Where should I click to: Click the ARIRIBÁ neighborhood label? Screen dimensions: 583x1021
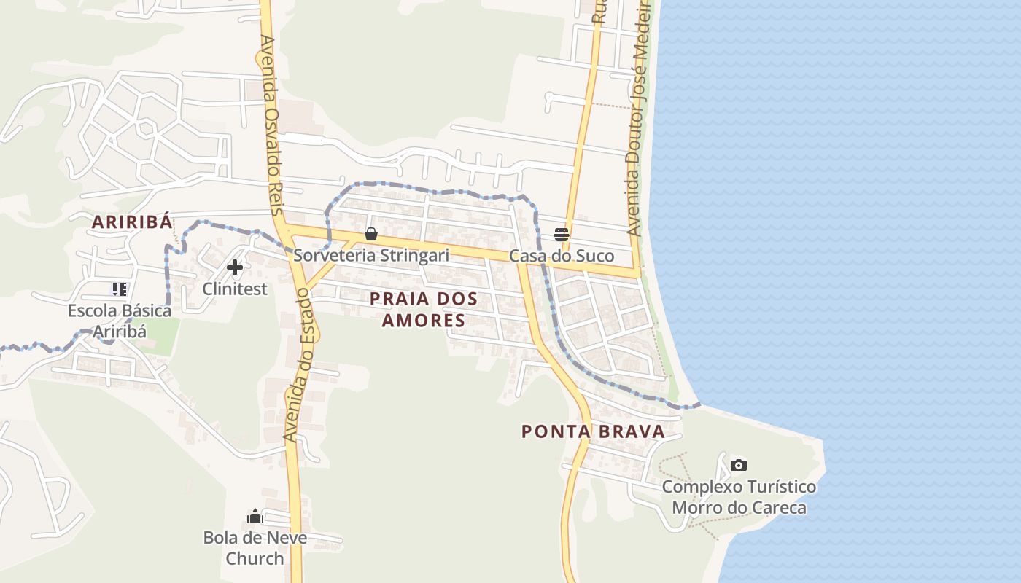pyautogui.click(x=132, y=222)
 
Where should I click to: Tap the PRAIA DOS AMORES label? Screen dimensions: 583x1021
pyautogui.click(x=424, y=309)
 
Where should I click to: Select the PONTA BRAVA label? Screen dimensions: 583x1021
pyautogui.click(x=593, y=431)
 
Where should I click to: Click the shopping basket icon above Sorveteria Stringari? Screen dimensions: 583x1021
pyautogui.click(x=370, y=234)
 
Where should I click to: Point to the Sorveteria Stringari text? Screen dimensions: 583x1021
pyautogui.click(x=370, y=256)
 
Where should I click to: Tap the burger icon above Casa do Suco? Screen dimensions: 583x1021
pyautogui.click(x=562, y=234)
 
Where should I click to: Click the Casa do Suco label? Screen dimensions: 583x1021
pyautogui.click(x=562, y=257)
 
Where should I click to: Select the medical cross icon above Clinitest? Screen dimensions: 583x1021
pyautogui.click(x=235, y=268)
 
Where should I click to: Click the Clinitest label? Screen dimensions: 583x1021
pyautogui.click(x=235, y=289)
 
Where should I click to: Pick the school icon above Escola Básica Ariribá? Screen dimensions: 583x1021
pyautogui.click(x=120, y=289)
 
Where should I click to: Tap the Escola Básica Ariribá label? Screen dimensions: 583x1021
pyautogui.click(x=120, y=321)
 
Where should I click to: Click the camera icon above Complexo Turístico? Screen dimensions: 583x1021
pyautogui.click(x=739, y=465)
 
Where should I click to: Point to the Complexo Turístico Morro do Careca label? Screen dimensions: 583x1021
pyautogui.click(x=739, y=497)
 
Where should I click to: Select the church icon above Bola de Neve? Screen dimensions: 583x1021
pyautogui.click(x=255, y=517)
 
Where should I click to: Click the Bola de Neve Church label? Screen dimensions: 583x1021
pyautogui.click(x=255, y=548)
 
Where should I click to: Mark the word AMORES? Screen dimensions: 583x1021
pyautogui.click(x=424, y=321)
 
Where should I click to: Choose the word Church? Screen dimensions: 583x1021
pyautogui.click(x=255, y=559)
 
